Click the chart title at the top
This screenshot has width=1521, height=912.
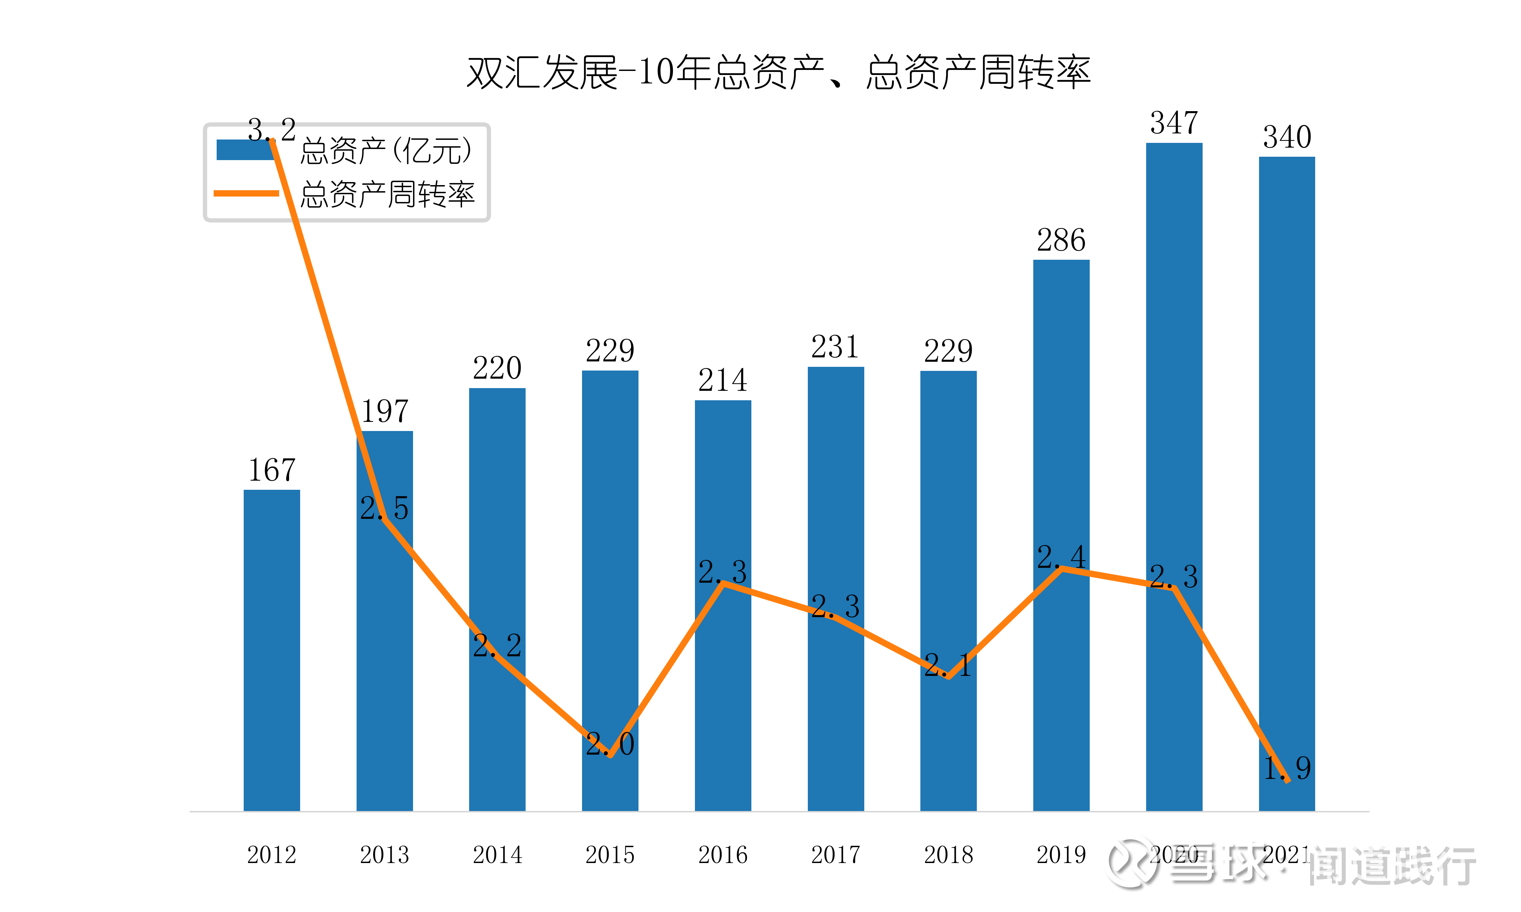tap(778, 73)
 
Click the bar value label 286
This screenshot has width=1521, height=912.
tap(1061, 240)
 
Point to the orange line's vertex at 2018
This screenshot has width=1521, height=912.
tap(949, 677)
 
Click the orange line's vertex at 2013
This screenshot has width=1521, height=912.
tap(384, 519)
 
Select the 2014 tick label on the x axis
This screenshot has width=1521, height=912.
tap(498, 855)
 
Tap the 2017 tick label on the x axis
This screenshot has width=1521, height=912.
tap(836, 855)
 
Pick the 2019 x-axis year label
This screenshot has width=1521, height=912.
tap(1061, 855)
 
